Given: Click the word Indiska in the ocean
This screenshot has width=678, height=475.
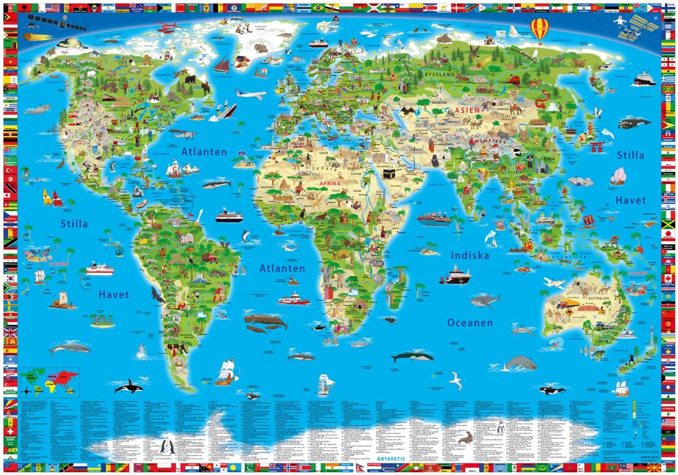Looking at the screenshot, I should tap(469, 255).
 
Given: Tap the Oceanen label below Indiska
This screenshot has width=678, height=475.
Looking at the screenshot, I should tap(470, 323).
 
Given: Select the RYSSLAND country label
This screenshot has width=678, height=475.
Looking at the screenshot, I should tap(439, 75).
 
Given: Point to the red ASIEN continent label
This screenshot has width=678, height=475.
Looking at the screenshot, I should tap(467, 110).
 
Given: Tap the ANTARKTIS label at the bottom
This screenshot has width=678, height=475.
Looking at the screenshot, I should tap(393, 459).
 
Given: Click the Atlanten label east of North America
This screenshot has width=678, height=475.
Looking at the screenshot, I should tap(204, 152).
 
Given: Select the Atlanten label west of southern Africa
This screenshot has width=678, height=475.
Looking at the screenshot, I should tap(282, 268).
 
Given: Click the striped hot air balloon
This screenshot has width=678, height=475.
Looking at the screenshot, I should tap(540, 29).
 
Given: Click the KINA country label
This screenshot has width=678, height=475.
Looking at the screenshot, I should tap(549, 159).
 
